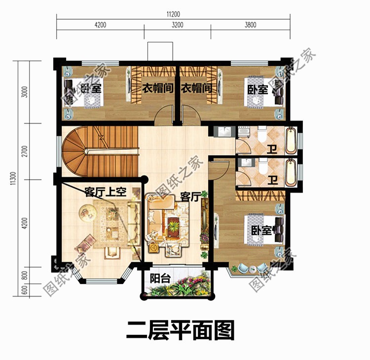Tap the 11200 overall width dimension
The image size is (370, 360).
173,15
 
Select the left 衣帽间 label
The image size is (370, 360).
157,88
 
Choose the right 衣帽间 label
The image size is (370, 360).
196,88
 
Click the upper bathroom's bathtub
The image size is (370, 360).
291,140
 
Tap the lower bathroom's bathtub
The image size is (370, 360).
291,171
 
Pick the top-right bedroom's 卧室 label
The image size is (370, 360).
258,89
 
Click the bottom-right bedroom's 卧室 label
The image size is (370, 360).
261,231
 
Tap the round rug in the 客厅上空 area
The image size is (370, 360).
89,213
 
